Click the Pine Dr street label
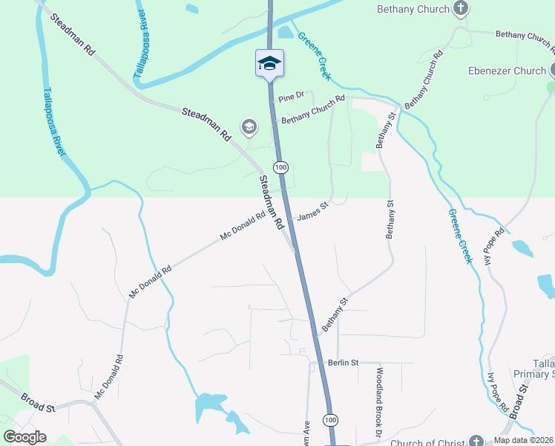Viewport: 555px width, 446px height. coord(291,97)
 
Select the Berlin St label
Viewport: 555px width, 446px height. coord(344,363)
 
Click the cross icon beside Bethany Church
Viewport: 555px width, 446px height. coord(461,9)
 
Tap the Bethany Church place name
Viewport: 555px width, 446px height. coord(413,9)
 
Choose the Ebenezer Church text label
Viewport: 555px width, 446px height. coord(507,71)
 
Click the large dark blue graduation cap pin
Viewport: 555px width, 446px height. coord(269,63)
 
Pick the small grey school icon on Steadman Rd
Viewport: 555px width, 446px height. coord(249,128)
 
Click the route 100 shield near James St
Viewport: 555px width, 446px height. coord(280,167)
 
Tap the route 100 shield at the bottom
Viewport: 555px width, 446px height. coord(329,421)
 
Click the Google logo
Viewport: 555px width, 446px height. coord(24,437)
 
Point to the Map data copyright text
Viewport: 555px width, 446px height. coord(522,440)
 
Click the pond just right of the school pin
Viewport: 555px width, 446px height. coord(285,32)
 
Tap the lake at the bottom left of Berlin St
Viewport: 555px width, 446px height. coord(210,405)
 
